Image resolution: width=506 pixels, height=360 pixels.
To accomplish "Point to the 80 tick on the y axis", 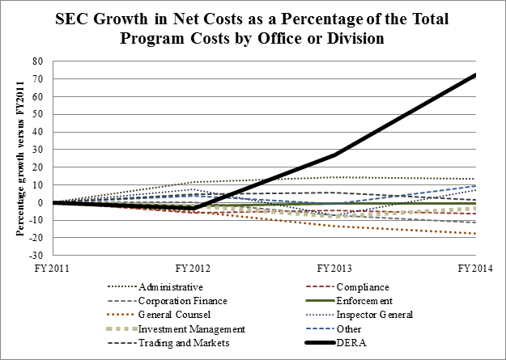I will [x=36, y=61].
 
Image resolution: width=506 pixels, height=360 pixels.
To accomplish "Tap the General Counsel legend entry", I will [x=171, y=314].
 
